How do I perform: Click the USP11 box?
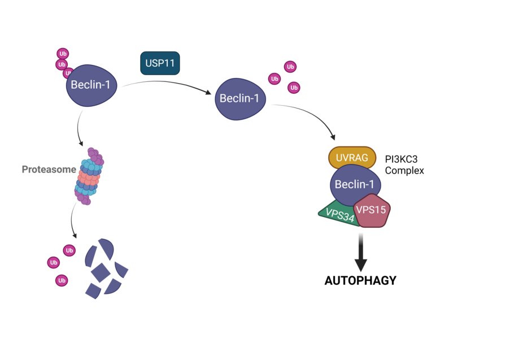pos(160,63)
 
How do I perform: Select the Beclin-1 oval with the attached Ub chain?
pos(92,86)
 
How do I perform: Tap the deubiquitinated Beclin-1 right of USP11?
pos(240,99)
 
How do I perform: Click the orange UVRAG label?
pos(352,158)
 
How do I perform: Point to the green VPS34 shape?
pos(337,214)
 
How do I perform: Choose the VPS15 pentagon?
pos(372,211)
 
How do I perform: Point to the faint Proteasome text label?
pos(47,169)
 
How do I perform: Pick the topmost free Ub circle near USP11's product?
pos(290,67)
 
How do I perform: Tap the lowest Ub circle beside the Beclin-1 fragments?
pos(62,280)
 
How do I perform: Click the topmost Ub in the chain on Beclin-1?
pos(62,54)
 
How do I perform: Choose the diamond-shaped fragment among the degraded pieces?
pos(100,272)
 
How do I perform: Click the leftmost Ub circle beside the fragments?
pos(54,262)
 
